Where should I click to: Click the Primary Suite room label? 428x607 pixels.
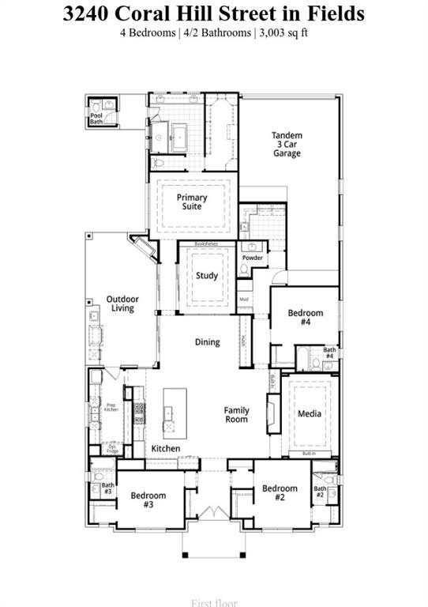(x=192, y=202)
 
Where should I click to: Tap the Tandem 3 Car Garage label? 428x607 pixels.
(x=287, y=145)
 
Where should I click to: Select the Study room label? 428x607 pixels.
(x=207, y=276)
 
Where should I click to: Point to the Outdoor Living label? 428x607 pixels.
(x=122, y=303)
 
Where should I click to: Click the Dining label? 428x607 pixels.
(x=208, y=342)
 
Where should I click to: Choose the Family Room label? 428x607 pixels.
(x=236, y=414)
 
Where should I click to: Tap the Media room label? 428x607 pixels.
(x=310, y=413)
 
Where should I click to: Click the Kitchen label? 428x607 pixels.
(x=166, y=448)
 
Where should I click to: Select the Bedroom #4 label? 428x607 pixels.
(x=305, y=318)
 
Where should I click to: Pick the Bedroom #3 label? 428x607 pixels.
(x=148, y=500)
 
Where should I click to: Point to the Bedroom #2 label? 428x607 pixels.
(x=280, y=492)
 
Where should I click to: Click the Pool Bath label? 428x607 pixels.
(x=96, y=119)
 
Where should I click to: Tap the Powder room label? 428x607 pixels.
(x=253, y=258)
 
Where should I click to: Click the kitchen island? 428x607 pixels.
(x=175, y=413)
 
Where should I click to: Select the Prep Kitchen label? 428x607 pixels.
(x=111, y=408)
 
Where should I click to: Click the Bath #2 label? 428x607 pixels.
(x=320, y=492)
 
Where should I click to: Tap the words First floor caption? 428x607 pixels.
(x=213, y=602)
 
